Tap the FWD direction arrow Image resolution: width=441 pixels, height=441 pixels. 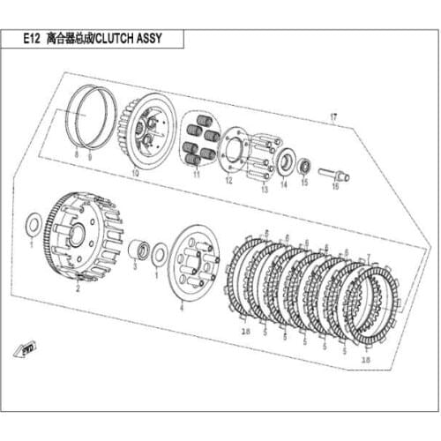coord(32,350)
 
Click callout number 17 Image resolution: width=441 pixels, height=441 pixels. coord(334,116)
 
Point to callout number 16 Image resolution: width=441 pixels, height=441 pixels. coord(334,187)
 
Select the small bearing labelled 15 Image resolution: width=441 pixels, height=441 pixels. coord(304,165)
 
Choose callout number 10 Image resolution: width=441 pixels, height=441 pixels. coord(135,174)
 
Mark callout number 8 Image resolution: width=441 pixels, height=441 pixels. coord(77,155)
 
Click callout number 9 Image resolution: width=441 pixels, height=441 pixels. coord(89,155)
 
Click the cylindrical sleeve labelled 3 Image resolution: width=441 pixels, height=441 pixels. coord(138,250)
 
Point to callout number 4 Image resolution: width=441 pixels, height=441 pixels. coord(181,308)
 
